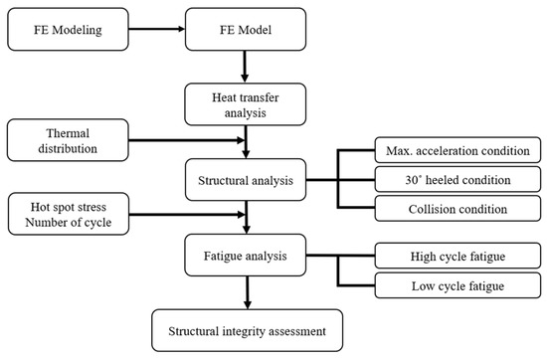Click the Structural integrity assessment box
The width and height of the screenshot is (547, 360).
click(x=244, y=323)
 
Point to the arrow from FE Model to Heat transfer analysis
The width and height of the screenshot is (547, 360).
click(x=244, y=66)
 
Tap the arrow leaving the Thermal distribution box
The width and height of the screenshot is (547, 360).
click(x=189, y=137)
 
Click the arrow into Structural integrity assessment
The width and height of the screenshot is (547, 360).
click(x=244, y=291)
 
